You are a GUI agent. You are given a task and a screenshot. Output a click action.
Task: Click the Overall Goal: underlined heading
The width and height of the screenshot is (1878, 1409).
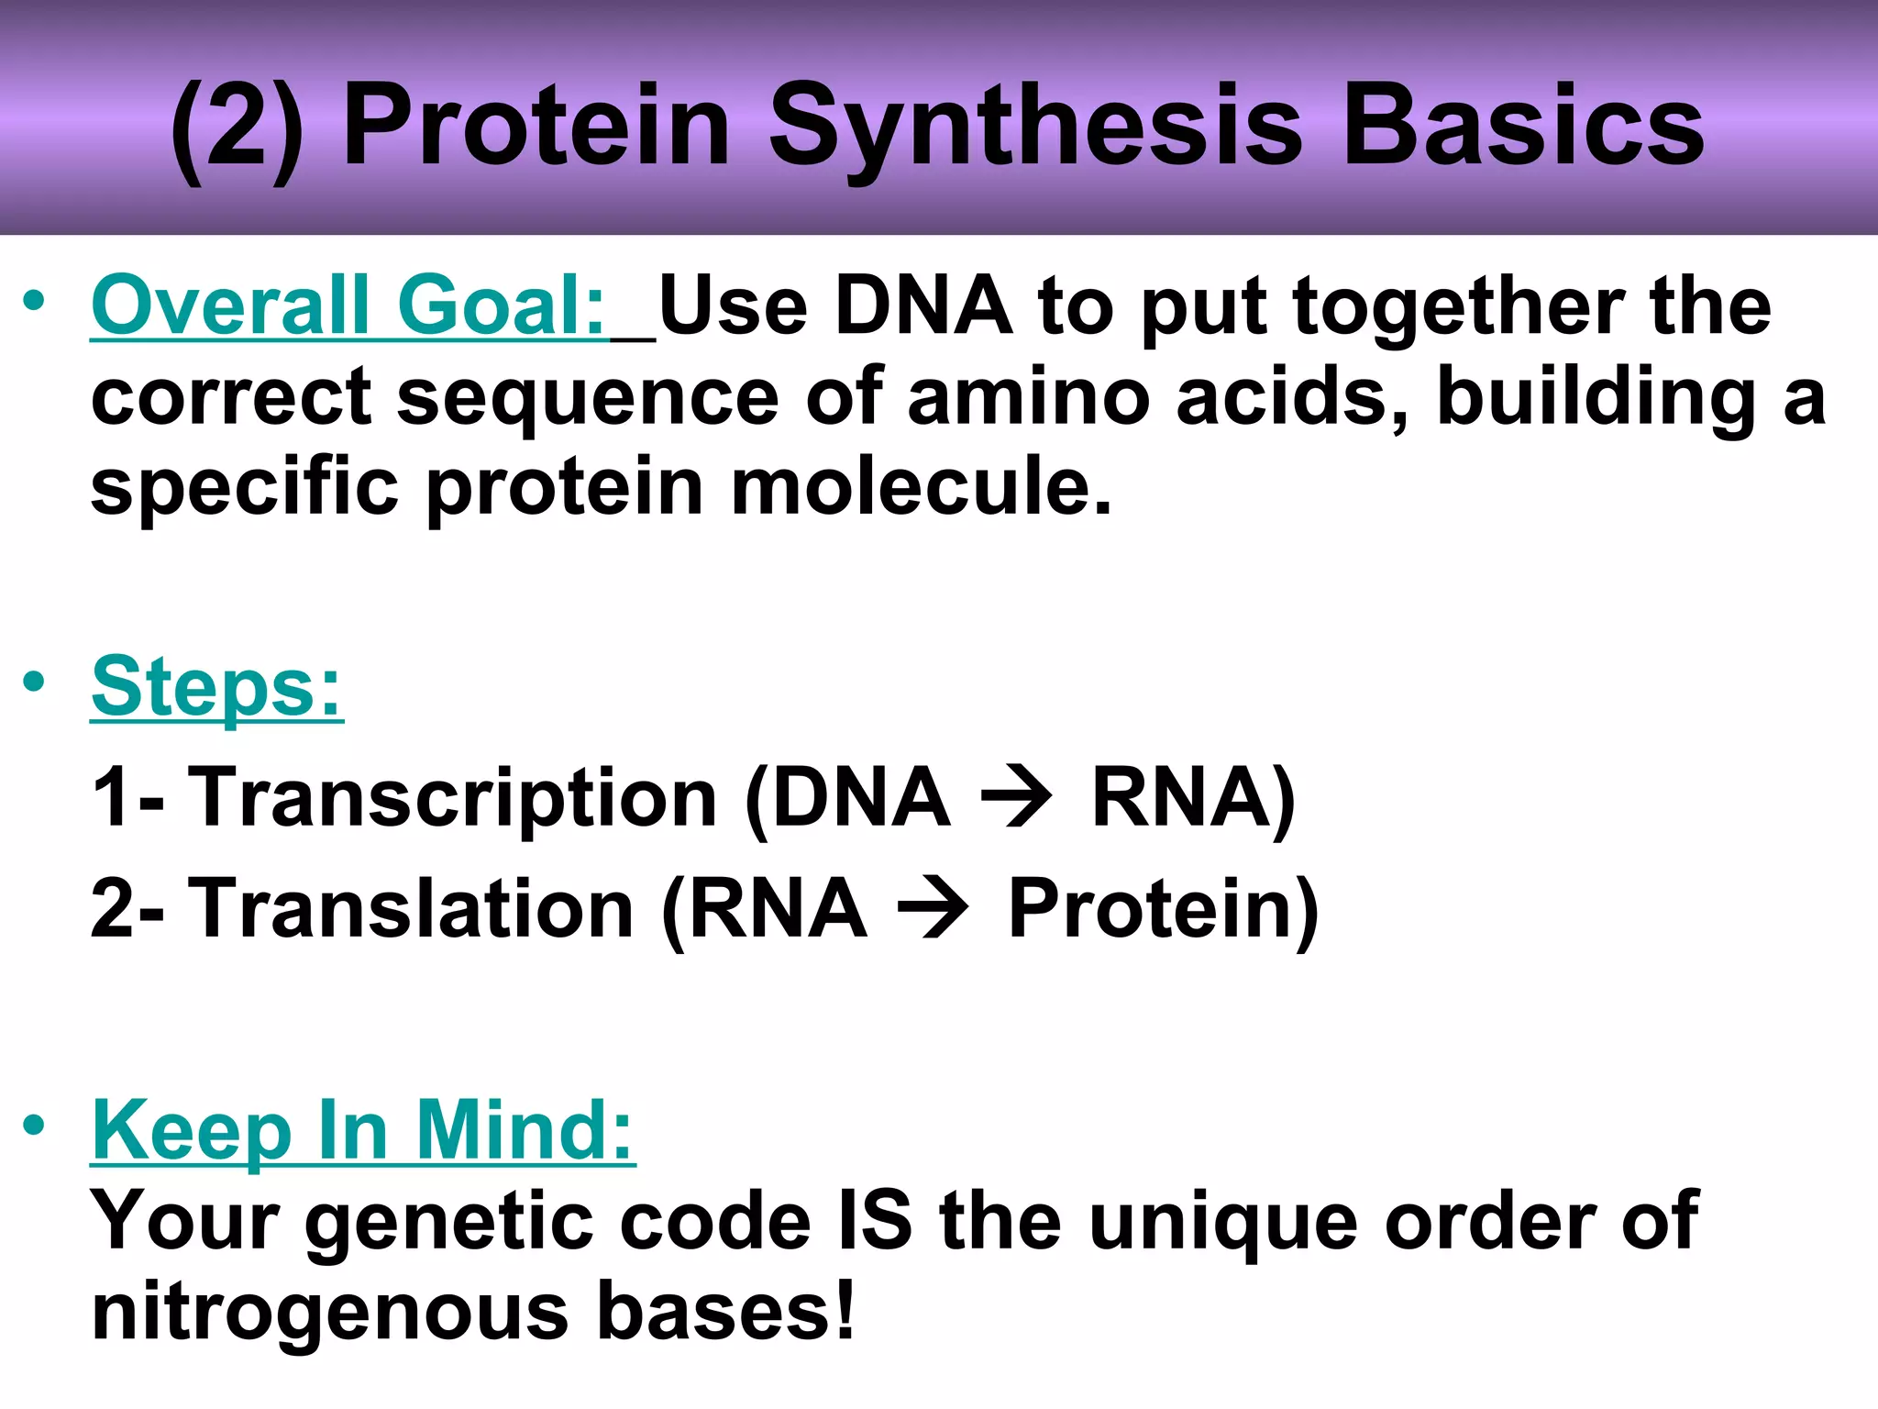(x=348, y=306)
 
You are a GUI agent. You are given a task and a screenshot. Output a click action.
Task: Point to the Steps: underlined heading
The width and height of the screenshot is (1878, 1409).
(x=216, y=688)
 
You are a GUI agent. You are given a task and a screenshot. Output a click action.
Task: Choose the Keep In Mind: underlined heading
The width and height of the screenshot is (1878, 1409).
(x=363, y=1132)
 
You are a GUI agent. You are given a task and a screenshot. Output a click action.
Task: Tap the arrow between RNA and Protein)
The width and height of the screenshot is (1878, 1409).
(x=932, y=909)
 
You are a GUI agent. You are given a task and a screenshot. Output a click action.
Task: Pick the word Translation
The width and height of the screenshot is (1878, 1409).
(x=411, y=909)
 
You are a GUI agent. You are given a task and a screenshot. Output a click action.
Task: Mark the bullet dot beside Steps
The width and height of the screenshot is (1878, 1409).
(x=34, y=682)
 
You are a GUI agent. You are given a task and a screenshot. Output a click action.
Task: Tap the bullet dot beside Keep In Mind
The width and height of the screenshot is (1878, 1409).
(x=34, y=1126)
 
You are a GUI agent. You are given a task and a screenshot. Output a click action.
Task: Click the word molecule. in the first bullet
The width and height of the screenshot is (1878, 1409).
(x=921, y=486)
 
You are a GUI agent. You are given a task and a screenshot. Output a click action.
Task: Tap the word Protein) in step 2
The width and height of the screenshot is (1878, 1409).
(x=1163, y=909)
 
